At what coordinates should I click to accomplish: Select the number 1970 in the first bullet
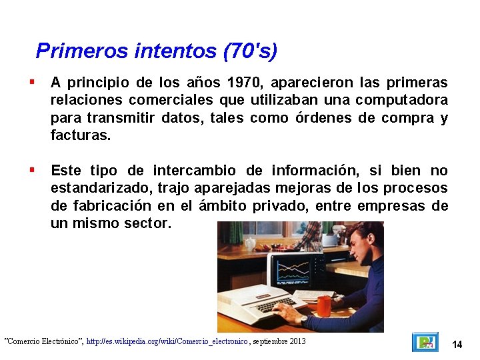coord(245,83)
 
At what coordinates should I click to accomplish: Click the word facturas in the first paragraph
coord(80,135)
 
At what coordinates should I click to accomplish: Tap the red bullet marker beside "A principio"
coord(31,83)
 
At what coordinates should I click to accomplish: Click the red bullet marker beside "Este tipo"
coord(31,170)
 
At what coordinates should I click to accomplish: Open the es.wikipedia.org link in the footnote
coord(167,341)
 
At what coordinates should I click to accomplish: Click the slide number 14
coord(457,344)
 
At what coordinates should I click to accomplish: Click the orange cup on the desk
coord(324,306)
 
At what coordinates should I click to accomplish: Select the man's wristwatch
coord(305,319)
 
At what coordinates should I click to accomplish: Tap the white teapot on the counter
coord(250,243)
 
